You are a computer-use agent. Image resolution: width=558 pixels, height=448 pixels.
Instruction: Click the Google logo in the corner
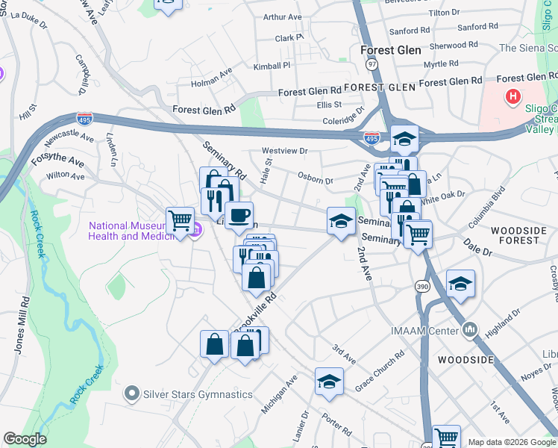click(25, 439)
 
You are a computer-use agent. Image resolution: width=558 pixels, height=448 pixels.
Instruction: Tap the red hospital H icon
click(513, 96)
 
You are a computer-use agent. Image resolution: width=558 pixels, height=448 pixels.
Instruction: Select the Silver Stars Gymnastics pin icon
click(133, 392)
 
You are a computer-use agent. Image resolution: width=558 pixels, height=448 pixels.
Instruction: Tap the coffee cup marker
click(239, 216)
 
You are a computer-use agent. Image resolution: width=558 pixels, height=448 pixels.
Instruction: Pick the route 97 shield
click(372, 65)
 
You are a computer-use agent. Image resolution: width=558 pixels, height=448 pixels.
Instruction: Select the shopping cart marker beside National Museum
click(180, 221)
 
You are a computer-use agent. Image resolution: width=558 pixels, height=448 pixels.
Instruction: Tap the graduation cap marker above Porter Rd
click(329, 382)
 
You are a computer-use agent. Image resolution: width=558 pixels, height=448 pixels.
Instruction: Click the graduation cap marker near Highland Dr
click(460, 284)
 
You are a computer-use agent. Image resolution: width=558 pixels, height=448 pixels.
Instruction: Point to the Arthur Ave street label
click(283, 16)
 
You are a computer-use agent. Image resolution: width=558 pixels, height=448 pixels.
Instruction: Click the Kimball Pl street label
click(272, 66)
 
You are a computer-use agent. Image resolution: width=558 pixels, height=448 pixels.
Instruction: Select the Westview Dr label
click(285, 151)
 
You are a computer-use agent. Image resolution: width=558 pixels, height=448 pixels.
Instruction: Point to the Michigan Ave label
click(280, 394)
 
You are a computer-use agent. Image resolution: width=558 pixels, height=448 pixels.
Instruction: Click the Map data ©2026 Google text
click(510, 441)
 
